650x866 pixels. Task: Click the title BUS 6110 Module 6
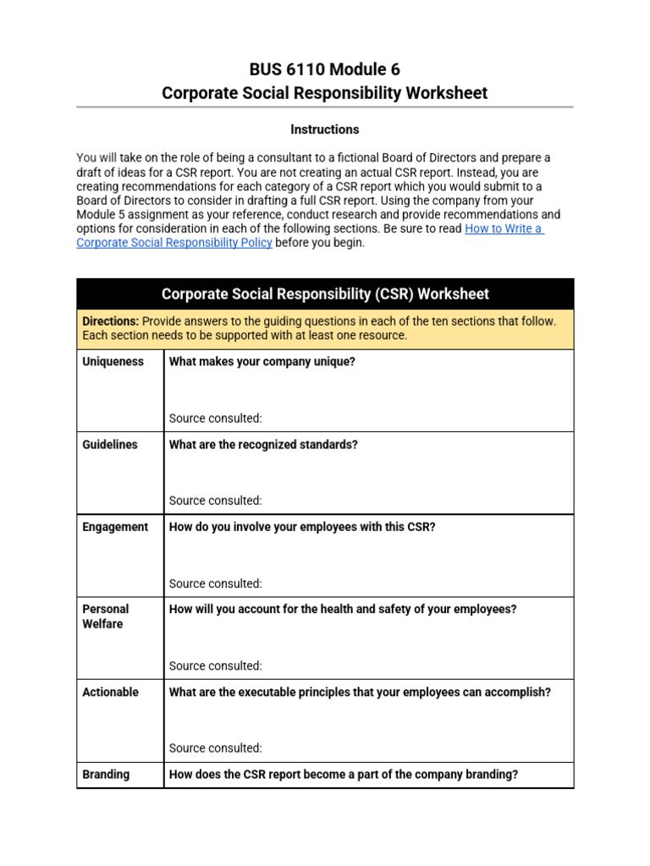(x=324, y=69)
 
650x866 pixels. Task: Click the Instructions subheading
(x=324, y=129)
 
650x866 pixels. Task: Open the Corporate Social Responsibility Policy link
(x=174, y=243)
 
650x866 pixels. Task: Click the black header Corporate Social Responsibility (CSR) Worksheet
(x=324, y=294)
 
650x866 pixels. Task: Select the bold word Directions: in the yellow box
(x=111, y=321)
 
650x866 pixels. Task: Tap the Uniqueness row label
(x=113, y=362)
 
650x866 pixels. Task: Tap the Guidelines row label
(x=110, y=445)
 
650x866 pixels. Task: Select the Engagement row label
(x=115, y=527)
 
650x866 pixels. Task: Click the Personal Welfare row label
(x=106, y=617)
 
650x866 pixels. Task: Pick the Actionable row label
(x=110, y=692)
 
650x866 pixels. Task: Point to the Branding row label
(x=106, y=775)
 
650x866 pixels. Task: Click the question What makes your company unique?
(x=262, y=362)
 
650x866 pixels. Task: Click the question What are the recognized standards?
(x=263, y=445)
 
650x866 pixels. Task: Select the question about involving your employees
(x=302, y=527)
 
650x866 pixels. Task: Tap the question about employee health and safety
(x=343, y=609)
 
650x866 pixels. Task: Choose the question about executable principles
(x=360, y=692)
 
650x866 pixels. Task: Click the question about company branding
(x=344, y=775)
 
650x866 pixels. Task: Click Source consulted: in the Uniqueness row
(x=216, y=419)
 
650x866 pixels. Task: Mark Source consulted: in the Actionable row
(x=216, y=748)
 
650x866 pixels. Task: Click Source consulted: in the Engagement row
(x=216, y=584)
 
